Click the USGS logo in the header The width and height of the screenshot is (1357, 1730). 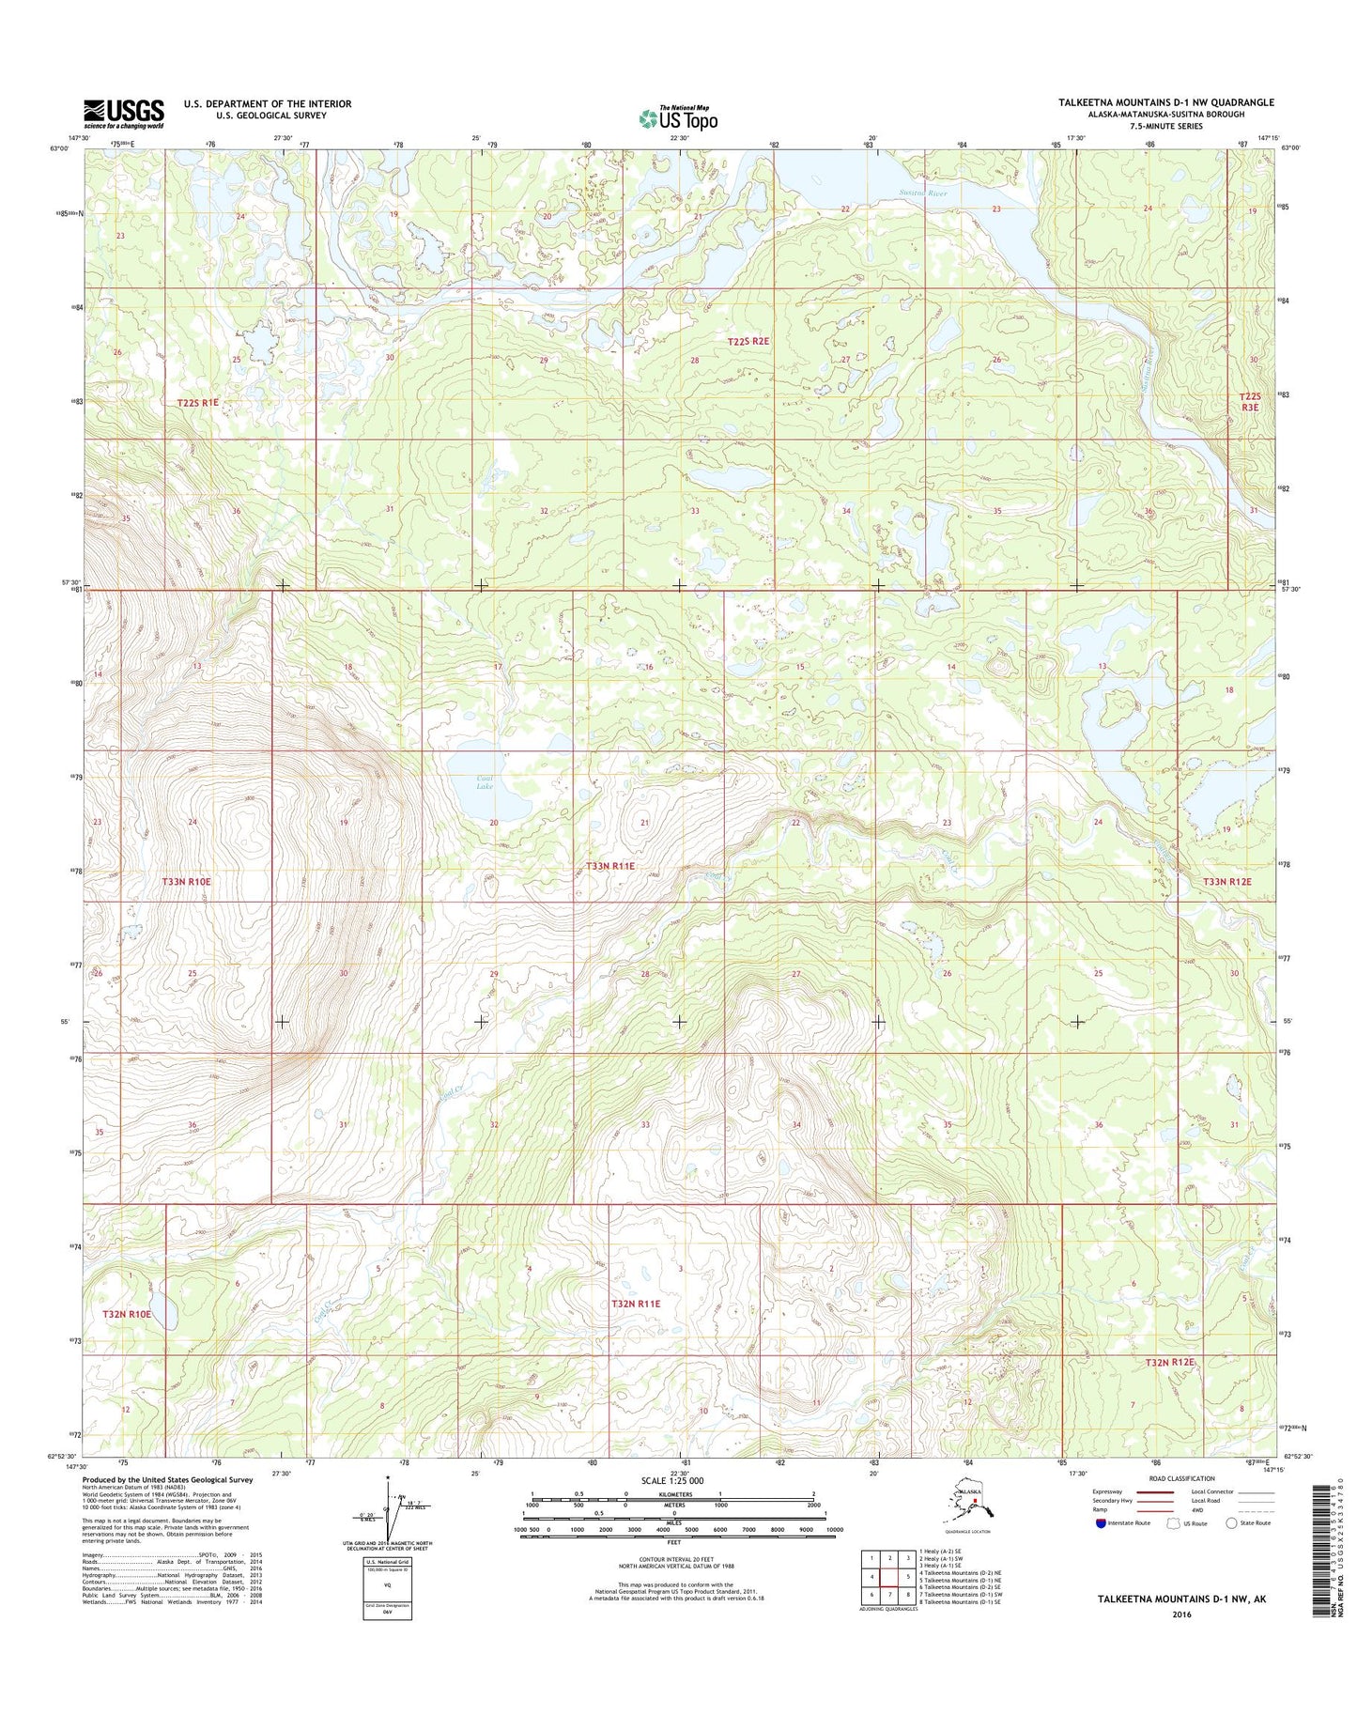click(x=123, y=114)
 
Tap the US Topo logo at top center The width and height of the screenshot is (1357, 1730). click(x=678, y=118)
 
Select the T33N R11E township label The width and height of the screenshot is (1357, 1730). click(x=610, y=866)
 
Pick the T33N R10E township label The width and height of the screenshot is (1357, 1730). click(x=186, y=882)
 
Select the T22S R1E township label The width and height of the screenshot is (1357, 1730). click(x=197, y=402)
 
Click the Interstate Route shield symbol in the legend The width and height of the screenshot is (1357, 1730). click(x=1101, y=1523)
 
